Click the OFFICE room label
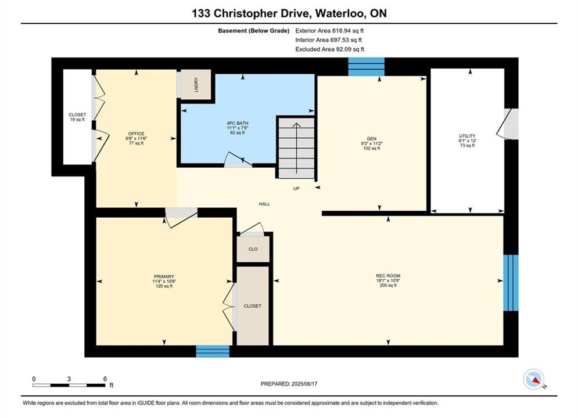[136, 134]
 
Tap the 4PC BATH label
[238, 123]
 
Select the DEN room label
[371, 139]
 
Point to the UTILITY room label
[467, 136]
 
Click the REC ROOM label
[388, 276]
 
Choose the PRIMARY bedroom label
[164, 276]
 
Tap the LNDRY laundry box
[195, 84]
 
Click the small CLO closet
[253, 249]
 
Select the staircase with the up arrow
[296, 147]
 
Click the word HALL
[264, 204]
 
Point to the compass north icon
[533, 379]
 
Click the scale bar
[69, 385]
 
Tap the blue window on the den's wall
[367, 67]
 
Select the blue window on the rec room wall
[511, 283]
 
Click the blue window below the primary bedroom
[213, 351]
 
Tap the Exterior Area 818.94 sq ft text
[329, 31]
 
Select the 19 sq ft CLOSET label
[77, 117]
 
